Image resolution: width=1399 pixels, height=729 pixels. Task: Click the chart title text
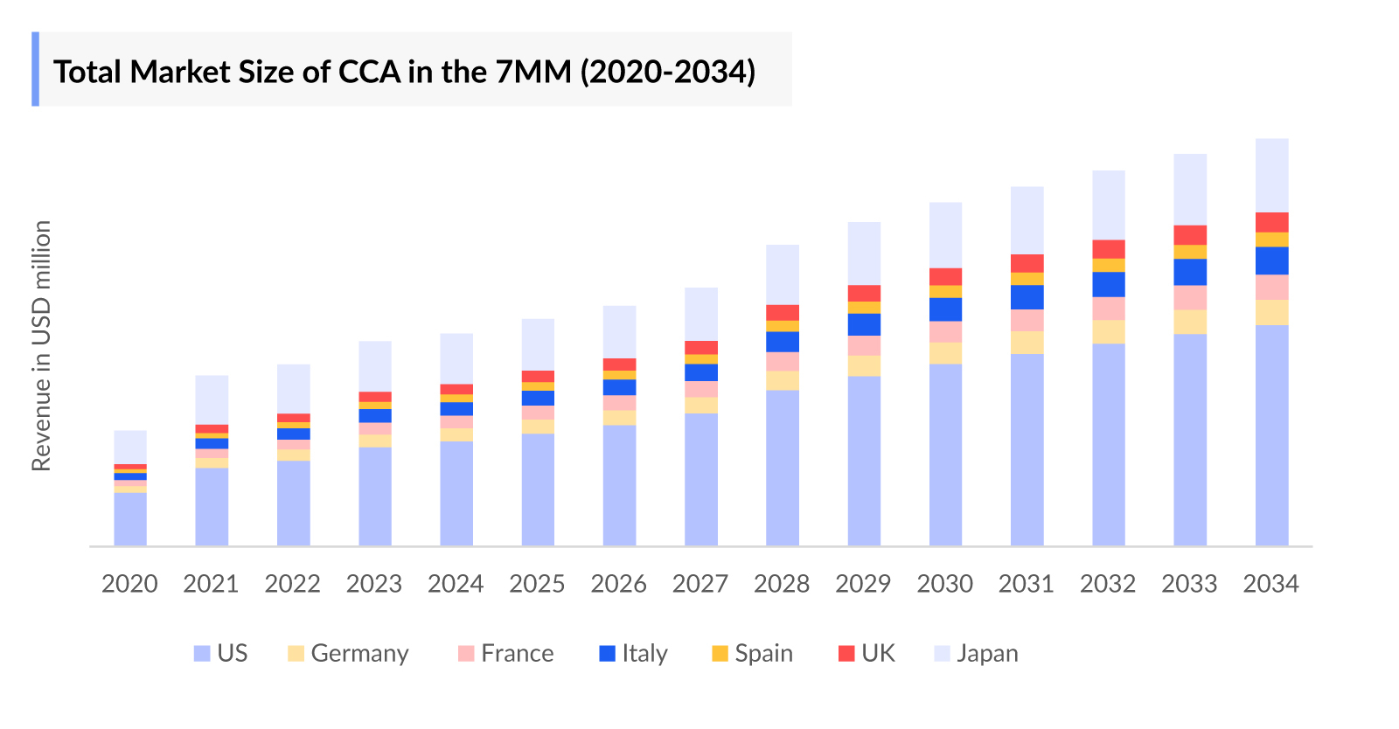pos(404,72)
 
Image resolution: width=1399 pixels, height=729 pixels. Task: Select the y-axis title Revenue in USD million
pos(41,345)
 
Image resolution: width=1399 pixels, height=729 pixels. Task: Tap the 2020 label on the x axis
pos(129,584)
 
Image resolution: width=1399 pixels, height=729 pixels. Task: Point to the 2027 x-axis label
pos(699,584)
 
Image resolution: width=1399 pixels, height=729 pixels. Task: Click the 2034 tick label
pos(1270,584)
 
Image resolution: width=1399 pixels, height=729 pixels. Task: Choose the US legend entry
pos(220,654)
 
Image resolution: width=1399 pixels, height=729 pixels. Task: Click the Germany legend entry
pos(348,654)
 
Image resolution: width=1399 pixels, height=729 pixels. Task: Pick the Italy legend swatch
pos(607,654)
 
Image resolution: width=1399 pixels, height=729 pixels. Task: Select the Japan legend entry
pos(976,654)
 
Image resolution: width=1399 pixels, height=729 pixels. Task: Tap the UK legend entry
pos(867,654)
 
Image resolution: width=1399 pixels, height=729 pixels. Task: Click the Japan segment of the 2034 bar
pos(1271,175)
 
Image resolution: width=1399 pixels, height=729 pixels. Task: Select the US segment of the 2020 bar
pos(130,519)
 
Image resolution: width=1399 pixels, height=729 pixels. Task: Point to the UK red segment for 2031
pos(1027,263)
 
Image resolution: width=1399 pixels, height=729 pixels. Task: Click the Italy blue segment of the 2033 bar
pos(1190,272)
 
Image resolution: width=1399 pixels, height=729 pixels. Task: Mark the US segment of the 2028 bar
pos(783,468)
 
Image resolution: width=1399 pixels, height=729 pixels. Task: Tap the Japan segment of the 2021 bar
pos(212,399)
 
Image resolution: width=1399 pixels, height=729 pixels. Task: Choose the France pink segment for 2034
pos(1271,288)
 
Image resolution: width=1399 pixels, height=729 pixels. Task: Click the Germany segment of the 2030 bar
pos(945,353)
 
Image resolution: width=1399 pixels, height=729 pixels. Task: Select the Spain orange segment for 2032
pos(1109,265)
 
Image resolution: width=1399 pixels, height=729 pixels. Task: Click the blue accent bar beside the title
pos(35,69)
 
